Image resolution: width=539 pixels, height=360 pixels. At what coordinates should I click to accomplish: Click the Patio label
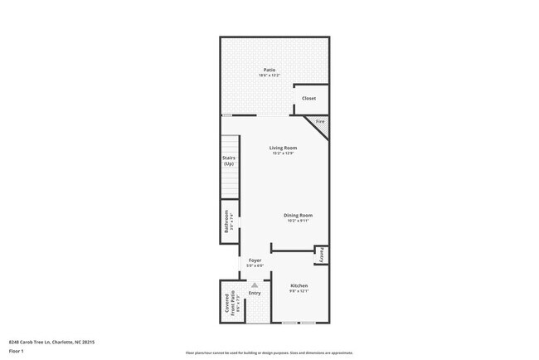[x=269, y=70]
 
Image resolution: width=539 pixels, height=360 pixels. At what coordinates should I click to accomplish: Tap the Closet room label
[x=308, y=99]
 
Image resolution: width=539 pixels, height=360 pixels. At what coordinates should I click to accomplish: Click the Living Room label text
[x=283, y=148]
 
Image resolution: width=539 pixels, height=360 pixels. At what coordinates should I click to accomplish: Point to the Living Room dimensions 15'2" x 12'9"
[x=283, y=153]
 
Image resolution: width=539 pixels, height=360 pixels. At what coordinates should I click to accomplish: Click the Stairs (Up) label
[x=228, y=160]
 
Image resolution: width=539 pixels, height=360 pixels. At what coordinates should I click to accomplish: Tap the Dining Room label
[x=299, y=216]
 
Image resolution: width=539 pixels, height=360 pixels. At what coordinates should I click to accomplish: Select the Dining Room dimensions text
[x=299, y=221]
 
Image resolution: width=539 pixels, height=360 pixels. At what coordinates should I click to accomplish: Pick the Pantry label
[x=321, y=255]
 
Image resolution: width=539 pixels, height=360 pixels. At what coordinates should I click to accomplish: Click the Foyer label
[x=255, y=260]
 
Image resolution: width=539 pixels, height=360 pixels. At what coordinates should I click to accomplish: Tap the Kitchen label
[x=299, y=285]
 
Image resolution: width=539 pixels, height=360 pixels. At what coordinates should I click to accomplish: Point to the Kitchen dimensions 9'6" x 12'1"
[x=299, y=291]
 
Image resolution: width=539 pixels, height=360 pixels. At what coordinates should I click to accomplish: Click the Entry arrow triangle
[x=255, y=285]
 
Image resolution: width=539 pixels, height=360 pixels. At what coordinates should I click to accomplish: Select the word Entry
[x=255, y=293]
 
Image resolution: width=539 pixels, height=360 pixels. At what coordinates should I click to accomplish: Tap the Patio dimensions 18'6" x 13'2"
[x=269, y=75]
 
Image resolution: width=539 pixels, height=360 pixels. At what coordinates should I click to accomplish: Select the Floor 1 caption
[x=17, y=350]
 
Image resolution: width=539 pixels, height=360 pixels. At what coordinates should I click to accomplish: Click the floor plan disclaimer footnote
[x=269, y=353]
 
